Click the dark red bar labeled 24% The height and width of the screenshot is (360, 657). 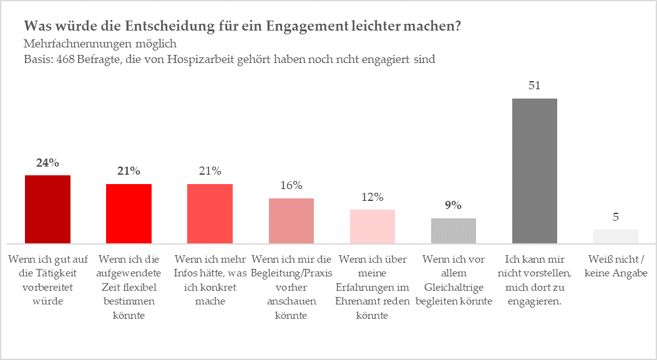click(47, 209)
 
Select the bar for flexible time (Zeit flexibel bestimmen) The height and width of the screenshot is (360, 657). click(129, 213)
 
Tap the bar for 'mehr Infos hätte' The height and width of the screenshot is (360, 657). click(210, 213)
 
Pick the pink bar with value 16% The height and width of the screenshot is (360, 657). click(291, 220)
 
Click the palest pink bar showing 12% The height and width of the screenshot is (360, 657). click(372, 226)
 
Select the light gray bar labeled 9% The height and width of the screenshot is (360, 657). click(453, 230)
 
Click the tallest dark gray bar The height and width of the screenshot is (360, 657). click(534, 170)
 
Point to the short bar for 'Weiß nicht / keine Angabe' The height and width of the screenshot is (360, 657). click(615, 236)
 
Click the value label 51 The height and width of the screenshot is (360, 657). click(534, 86)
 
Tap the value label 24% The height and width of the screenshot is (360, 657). click(47, 163)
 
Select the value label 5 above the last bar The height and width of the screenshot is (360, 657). click(615, 217)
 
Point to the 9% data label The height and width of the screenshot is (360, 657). click(453, 205)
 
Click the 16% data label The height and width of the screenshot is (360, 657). click(291, 185)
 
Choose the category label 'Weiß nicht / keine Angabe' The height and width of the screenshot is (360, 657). click(615, 266)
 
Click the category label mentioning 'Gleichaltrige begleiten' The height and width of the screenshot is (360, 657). click(453, 280)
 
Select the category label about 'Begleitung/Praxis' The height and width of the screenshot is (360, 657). click(291, 287)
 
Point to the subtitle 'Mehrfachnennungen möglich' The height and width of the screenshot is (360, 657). click(100, 44)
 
